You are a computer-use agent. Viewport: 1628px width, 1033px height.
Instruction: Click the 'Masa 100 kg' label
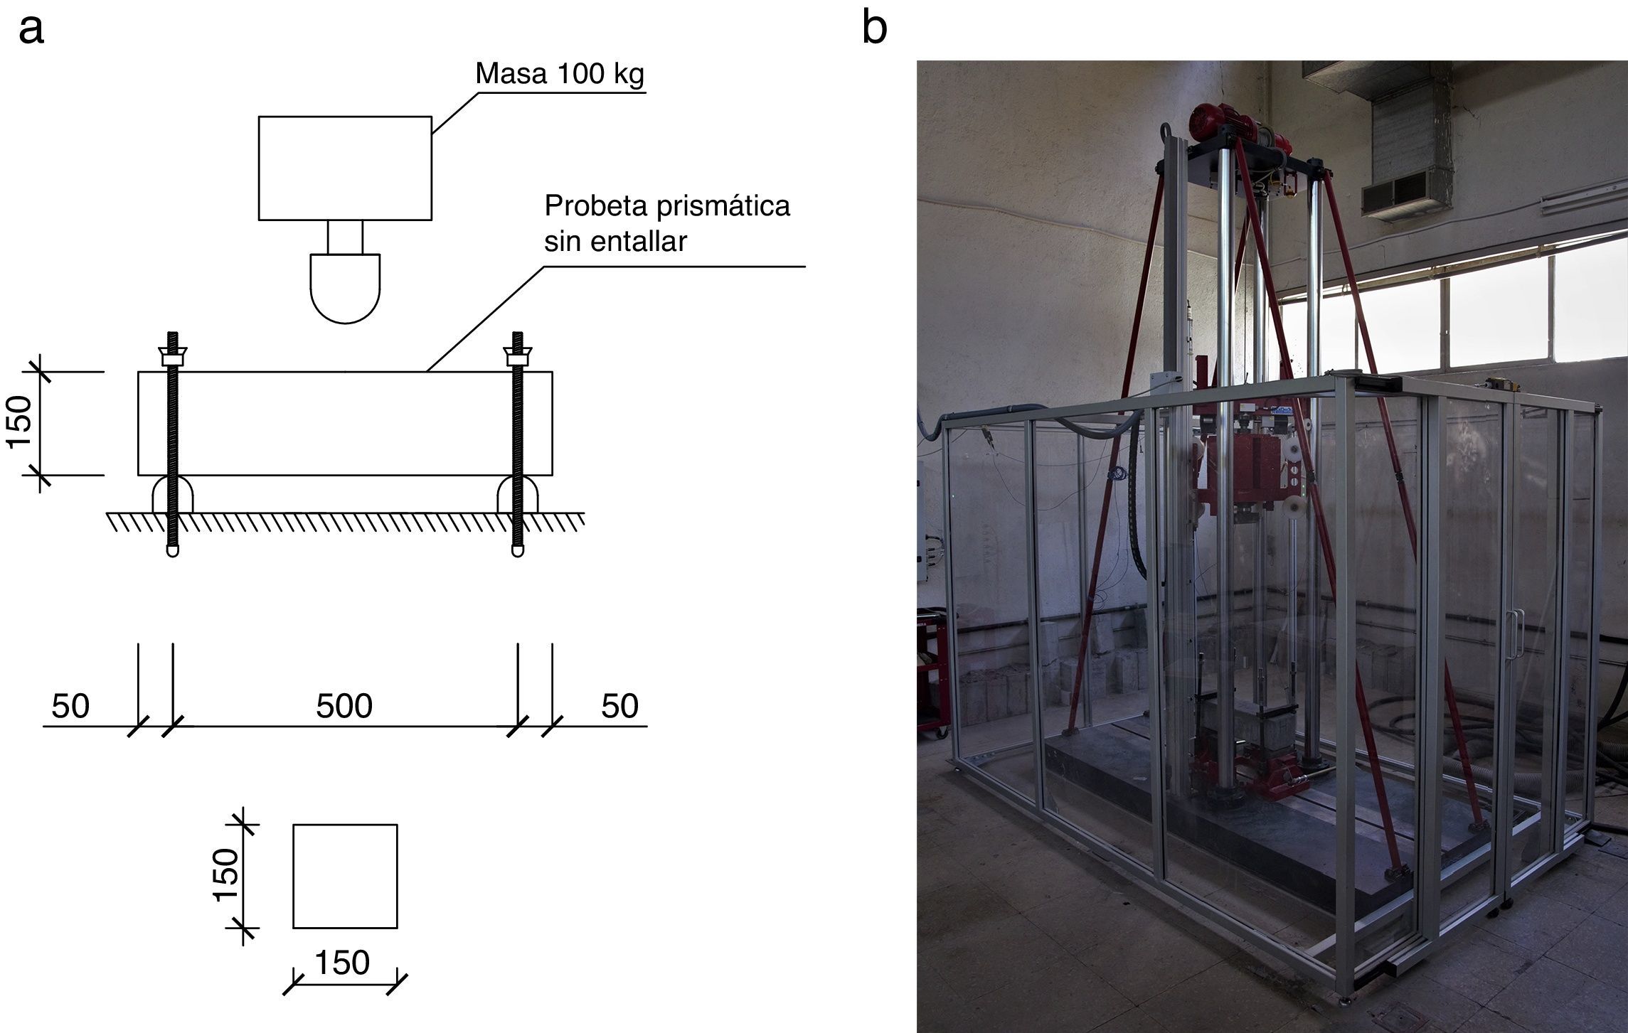[x=560, y=74]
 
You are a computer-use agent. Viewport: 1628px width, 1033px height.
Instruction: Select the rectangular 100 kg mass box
[x=345, y=168]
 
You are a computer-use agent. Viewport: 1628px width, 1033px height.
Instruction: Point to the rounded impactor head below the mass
[x=345, y=288]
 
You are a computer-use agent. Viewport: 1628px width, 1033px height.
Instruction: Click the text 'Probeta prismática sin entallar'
[x=666, y=223]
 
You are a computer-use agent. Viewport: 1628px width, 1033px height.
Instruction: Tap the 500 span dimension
[x=344, y=706]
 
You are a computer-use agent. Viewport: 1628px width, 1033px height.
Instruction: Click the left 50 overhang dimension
[x=70, y=706]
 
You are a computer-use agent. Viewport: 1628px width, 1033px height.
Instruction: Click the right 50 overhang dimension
[x=619, y=706]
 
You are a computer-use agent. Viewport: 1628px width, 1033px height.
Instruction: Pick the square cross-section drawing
[x=345, y=876]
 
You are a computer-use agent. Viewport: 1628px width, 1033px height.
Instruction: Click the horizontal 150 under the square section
[x=342, y=963]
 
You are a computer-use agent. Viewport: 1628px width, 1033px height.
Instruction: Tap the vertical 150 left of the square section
[x=227, y=874]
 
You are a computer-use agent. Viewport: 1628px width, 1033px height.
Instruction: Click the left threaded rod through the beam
[x=172, y=441]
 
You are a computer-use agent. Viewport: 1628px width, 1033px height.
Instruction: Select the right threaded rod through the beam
[x=517, y=441]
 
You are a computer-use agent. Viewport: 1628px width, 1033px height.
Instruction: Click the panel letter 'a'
[x=31, y=30]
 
